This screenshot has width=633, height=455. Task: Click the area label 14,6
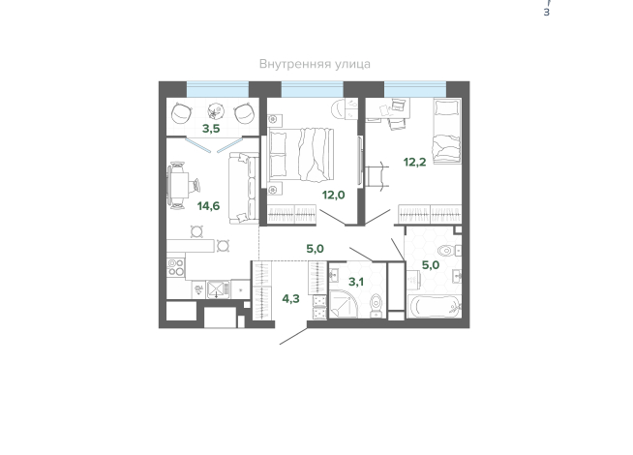tap(208, 206)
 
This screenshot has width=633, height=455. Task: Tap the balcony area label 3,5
tap(211, 129)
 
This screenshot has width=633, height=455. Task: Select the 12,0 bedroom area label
tap(334, 195)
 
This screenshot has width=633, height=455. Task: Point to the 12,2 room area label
tap(414, 163)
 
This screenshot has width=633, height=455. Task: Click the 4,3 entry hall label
tap(290, 299)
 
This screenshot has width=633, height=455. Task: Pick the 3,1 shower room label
tap(356, 282)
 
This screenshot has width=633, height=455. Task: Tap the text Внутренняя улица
tap(315, 64)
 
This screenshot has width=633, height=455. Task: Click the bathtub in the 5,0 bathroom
tap(434, 307)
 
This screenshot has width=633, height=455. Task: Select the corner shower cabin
tap(344, 304)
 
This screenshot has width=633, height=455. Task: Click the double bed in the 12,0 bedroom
tap(301, 154)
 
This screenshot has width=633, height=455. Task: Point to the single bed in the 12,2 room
tap(447, 131)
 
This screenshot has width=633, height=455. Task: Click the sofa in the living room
tap(244, 188)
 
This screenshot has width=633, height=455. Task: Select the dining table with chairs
tap(179, 185)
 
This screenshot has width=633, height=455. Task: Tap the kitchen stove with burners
tap(176, 267)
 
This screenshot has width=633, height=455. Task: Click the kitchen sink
tap(218, 289)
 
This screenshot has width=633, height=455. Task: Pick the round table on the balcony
tap(216, 111)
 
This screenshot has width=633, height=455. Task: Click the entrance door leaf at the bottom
tap(293, 336)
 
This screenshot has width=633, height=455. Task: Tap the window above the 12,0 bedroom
tap(312, 89)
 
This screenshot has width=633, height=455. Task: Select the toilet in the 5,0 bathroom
tap(449, 251)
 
